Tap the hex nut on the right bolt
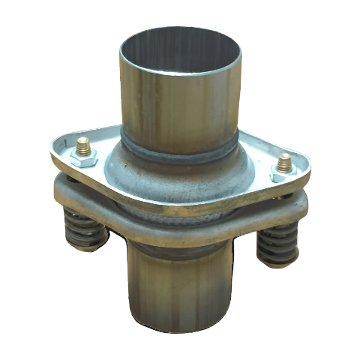(x=283, y=169)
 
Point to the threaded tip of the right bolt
(x=283, y=160)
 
